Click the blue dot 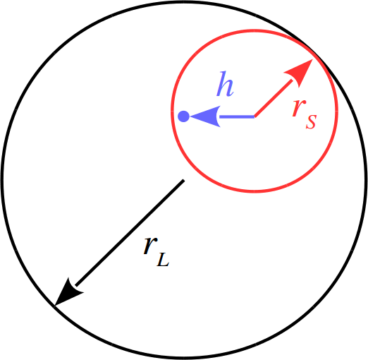coord(183,116)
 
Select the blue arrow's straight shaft coord(237,116)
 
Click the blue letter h coord(225,84)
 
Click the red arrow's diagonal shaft coord(274,98)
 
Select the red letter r coord(299,107)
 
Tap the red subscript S coord(311,121)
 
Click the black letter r coord(150,246)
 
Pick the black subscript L coord(163,260)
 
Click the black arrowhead coord(67,294)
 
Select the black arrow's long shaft coord(130,233)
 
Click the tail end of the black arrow coord(184,181)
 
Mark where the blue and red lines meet coord(254,116)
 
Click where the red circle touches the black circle coord(315,54)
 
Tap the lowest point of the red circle coord(254,191)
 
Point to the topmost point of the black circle coord(184,2)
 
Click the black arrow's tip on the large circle coord(54,306)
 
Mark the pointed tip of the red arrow coord(312,59)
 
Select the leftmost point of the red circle coord(172,111)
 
